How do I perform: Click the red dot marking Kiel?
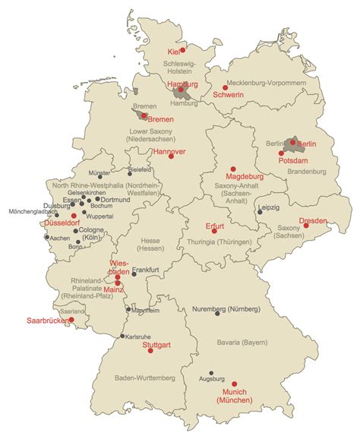pos(182,51)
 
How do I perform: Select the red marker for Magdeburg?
pos(233,169)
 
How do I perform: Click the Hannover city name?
pos(169,152)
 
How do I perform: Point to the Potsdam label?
pos(292,163)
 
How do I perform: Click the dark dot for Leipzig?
pos(260,213)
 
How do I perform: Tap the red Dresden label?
pos(313,220)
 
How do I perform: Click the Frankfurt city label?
pos(144,270)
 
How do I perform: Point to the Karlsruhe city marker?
pos(122,336)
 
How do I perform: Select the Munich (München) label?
pos(235,395)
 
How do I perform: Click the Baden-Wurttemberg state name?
pos(144,377)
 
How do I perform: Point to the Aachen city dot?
pos(47,237)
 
